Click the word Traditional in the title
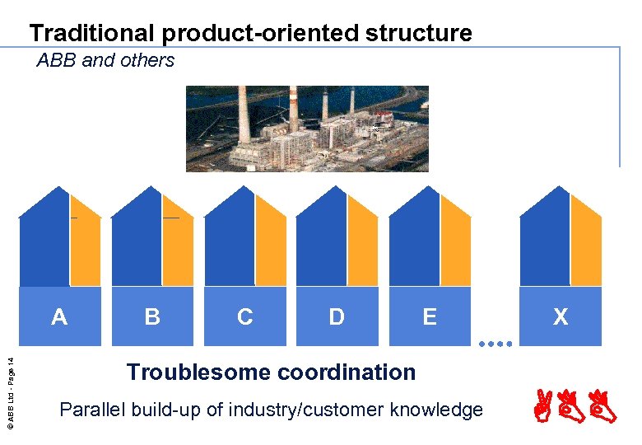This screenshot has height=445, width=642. (x=92, y=33)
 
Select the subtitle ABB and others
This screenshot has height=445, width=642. (x=105, y=60)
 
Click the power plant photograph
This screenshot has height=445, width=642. (x=306, y=128)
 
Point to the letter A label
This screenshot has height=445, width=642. (x=59, y=316)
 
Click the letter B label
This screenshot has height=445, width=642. (x=152, y=316)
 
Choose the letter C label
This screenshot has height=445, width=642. (x=244, y=316)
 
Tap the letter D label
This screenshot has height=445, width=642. (x=337, y=316)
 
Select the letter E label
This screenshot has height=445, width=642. (x=430, y=316)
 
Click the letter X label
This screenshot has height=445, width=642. (x=561, y=316)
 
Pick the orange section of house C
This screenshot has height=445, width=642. (x=270, y=247)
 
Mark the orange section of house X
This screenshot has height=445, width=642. (x=586, y=247)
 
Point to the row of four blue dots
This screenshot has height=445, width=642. (x=495, y=343)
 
